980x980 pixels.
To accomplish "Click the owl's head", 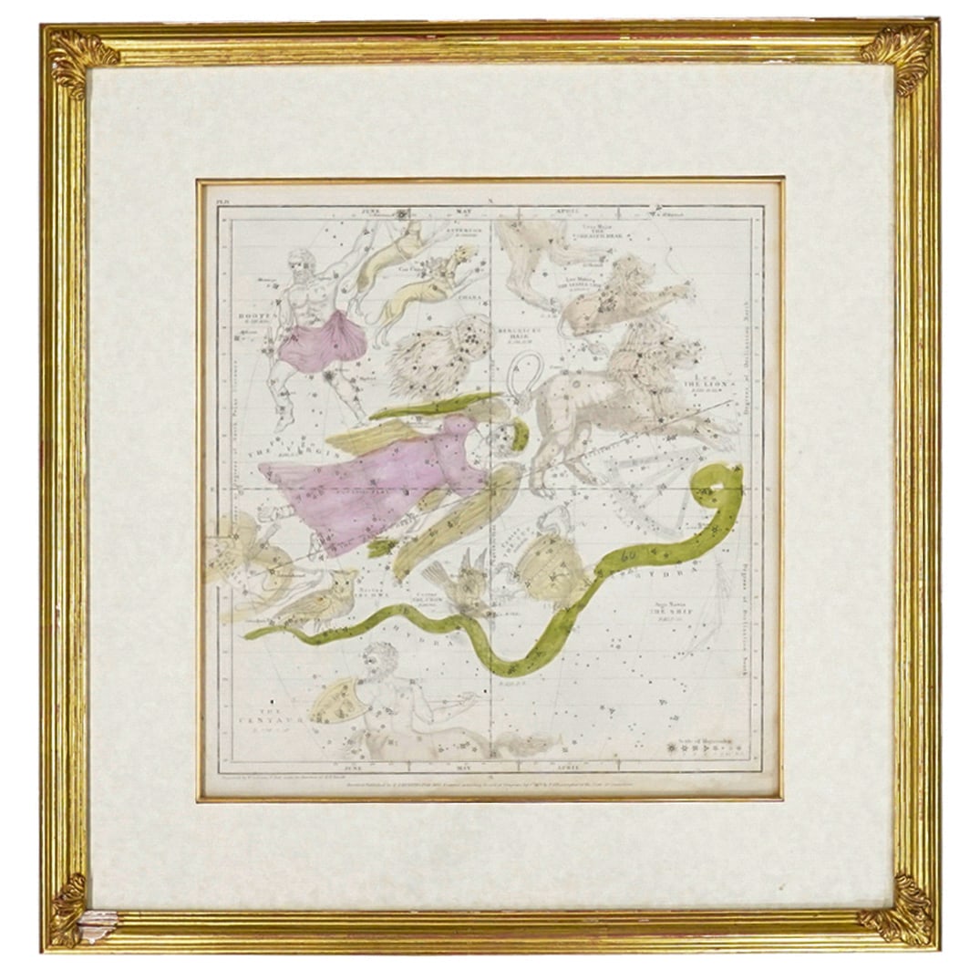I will tap(339, 583).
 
